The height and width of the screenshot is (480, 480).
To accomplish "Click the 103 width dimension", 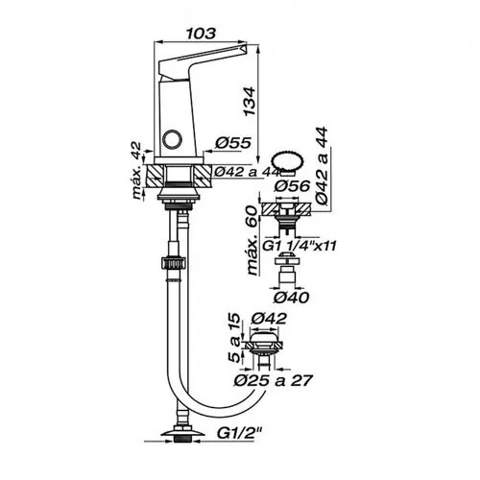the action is [x=201, y=34].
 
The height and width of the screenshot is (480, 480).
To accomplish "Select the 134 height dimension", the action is [x=250, y=101].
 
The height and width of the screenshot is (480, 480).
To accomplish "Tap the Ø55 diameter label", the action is [x=233, y=143].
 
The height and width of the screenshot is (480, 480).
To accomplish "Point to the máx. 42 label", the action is [x=136, y=170].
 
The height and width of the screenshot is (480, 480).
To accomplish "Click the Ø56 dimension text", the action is [x=292, y=185].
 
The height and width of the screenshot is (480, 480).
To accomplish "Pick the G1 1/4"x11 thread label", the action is [x=300, y=246].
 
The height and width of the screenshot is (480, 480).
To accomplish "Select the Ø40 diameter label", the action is [x=291, y=298].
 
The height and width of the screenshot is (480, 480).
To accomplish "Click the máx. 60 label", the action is [x=252, y=240].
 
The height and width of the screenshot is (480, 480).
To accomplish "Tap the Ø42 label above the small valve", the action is [x=269, y=319].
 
